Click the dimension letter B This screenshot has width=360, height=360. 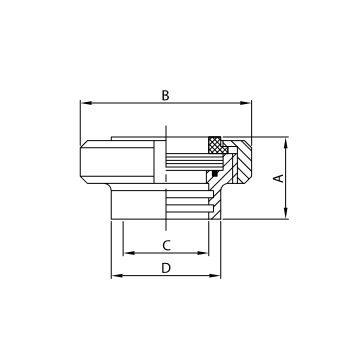click(166, 95)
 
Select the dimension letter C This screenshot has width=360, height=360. click(166, 244)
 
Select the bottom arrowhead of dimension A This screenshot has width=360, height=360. click(287, 214)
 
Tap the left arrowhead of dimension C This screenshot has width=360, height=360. click(124, 253)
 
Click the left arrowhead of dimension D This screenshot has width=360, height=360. click(113, 276)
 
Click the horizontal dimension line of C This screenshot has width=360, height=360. click(150, 253)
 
